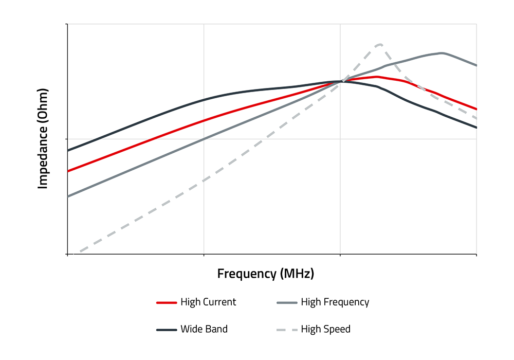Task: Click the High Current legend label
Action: (208, 302)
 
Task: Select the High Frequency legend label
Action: (335, 302)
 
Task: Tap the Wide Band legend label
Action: (204, 329)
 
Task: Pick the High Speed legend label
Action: (325, 329)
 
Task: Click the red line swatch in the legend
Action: (166, 302)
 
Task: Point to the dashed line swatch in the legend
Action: (286, 329)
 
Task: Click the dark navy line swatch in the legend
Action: (166, 329)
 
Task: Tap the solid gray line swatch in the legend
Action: (286, 302)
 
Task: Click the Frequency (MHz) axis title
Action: (265, 273)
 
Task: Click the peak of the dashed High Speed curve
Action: (379, 44)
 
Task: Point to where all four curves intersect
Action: (340, 81)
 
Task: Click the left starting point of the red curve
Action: (68, 171)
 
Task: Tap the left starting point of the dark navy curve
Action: (68, 150)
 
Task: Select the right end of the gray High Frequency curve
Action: (476, 65)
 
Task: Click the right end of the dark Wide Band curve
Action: (476, 127)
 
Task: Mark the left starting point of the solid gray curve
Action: (68, 196)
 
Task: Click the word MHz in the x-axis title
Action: (296, 273)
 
